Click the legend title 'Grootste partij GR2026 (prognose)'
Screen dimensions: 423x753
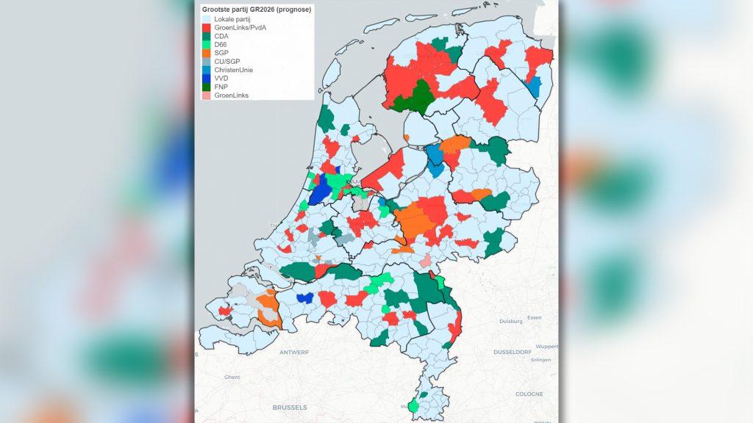coord(257,9)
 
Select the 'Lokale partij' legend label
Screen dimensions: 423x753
coord(232,18)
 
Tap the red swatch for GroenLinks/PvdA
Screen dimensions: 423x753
coord(207,27)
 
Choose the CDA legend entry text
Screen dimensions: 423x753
coord(222,36)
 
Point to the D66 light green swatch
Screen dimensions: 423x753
coord(207,45)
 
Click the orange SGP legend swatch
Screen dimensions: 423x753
coord(207,54)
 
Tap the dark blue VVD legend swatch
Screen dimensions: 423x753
coord(207,79)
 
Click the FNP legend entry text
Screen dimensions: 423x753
coord(222,88)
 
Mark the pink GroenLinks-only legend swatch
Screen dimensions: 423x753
coord(207,97)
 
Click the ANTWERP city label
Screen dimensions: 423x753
coord(294,352)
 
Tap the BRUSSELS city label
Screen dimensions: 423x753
coord(289,406)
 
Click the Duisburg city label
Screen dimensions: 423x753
coord(510,321)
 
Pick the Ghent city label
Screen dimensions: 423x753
coord(232,377)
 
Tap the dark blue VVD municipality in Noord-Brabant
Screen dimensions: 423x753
coord(304,297)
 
